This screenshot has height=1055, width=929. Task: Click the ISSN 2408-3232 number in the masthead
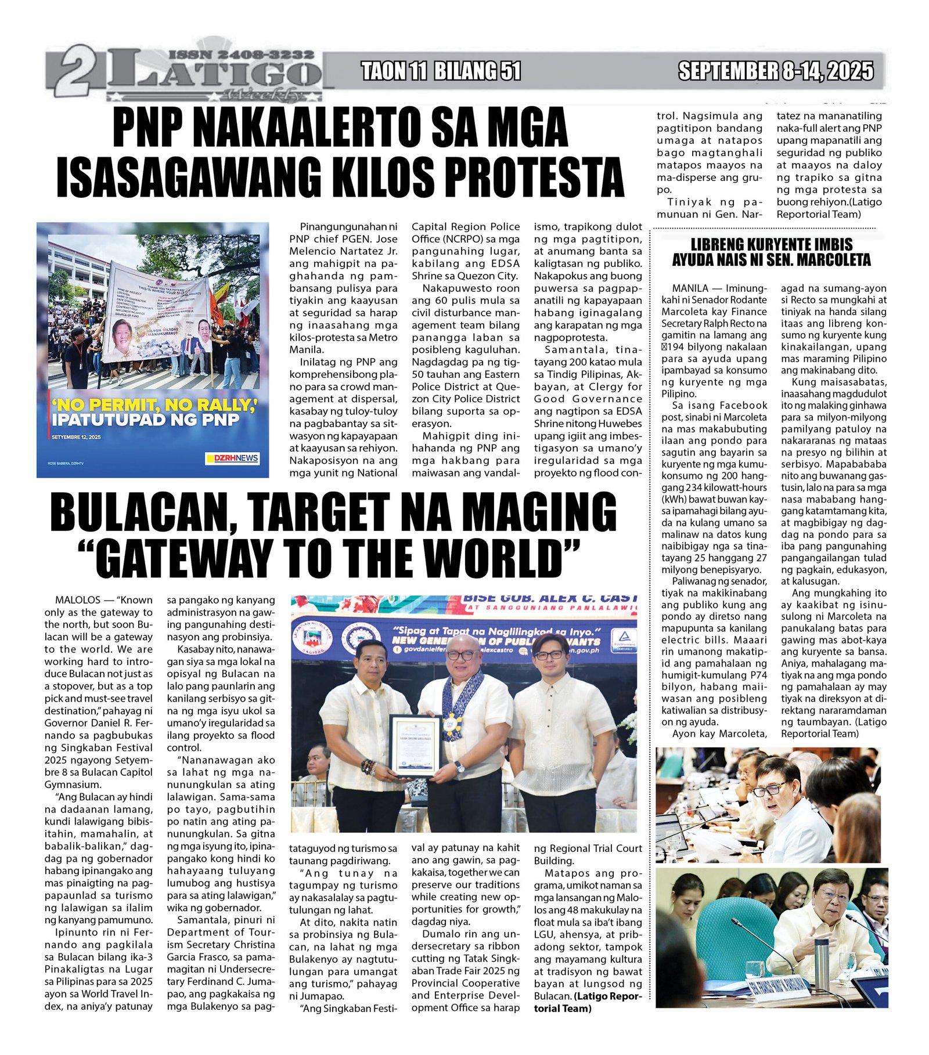(x=241, y=55)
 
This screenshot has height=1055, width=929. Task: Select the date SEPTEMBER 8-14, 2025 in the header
(x=776, y=71)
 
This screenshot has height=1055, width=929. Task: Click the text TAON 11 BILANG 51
(x=441, y=71)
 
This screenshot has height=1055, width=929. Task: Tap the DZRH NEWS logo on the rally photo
(x=232, y=458)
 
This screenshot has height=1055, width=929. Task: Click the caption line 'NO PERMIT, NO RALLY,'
(x=154, y=405)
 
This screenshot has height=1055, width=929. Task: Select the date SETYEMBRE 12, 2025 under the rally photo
(x=76, y=437)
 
